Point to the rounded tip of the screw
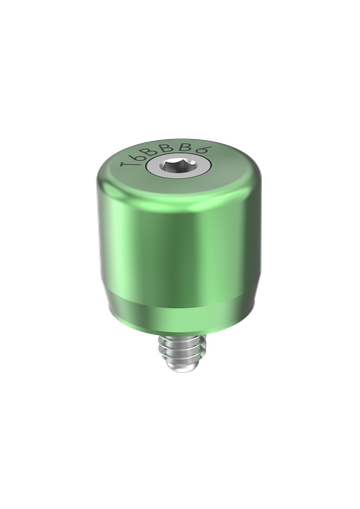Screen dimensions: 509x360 click(178, 371)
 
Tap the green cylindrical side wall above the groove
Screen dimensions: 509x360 click(179, 249)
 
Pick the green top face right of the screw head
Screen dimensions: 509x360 click(221, 166)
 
